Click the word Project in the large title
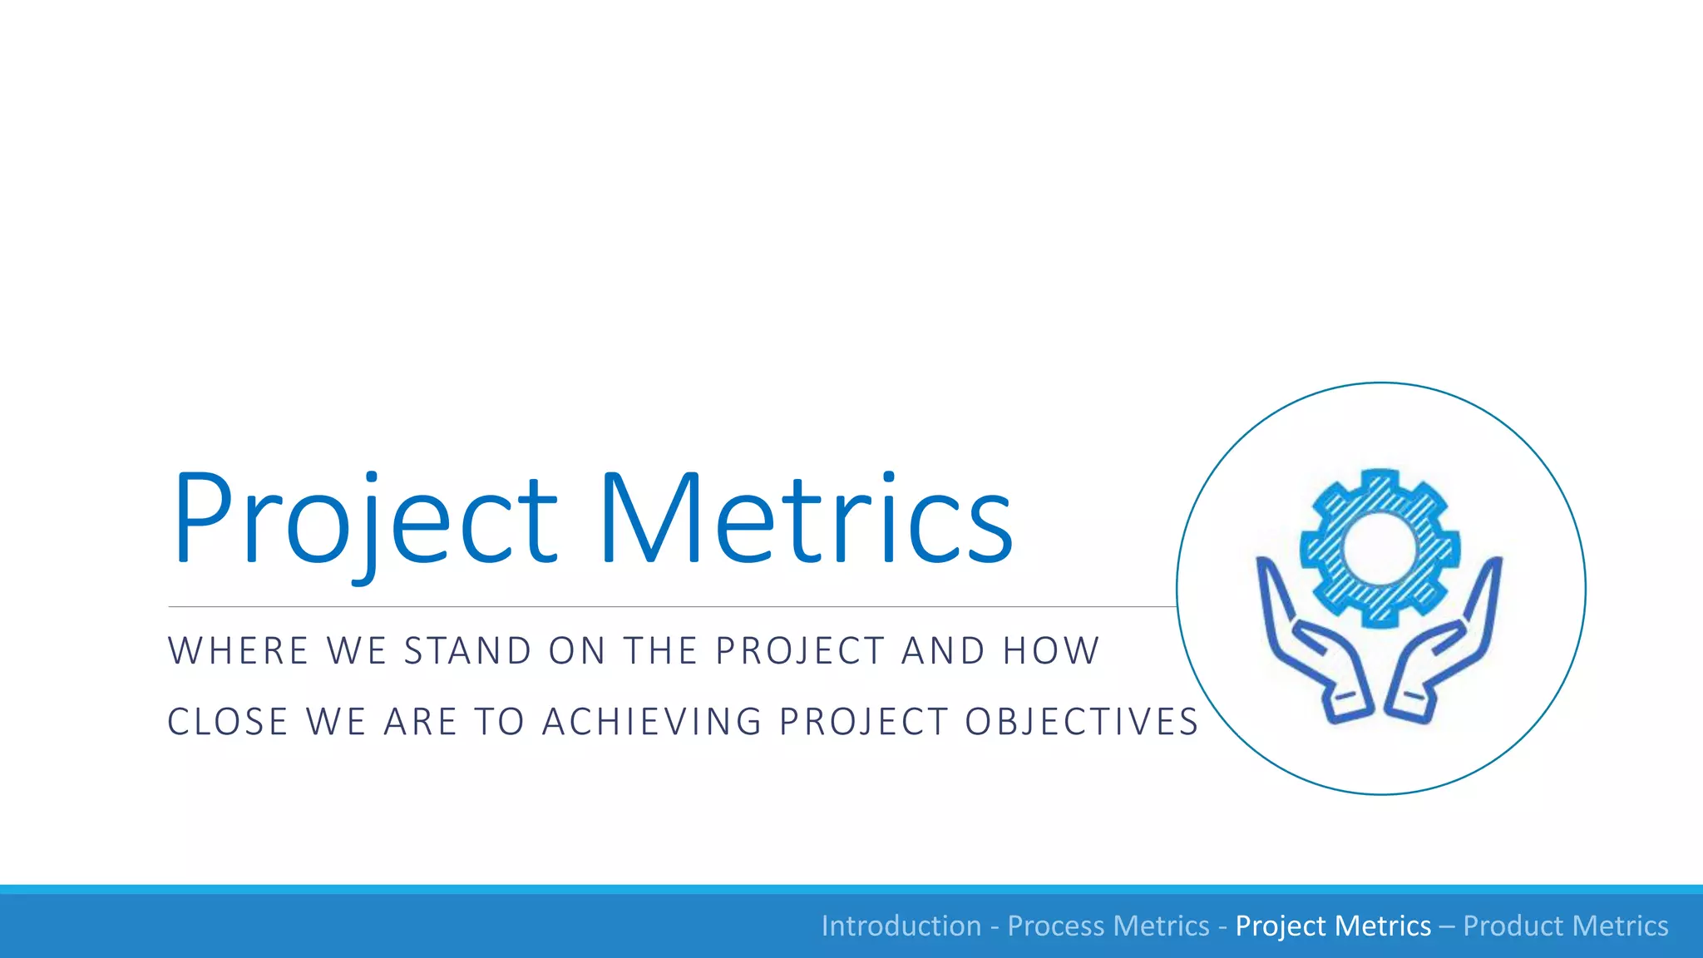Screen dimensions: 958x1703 pyautogui.click(x=364, y=520)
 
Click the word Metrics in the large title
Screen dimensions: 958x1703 pyautogui.click(x=805, y=520)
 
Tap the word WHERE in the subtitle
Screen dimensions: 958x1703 pyautogui.click(x=239, y=651)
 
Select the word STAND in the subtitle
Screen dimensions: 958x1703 pyautogui.click(x=468, y=651)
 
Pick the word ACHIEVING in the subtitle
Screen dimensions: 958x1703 pyautogui.click(x=652, y=722)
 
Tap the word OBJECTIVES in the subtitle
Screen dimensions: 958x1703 pyautogui.click(x=1082, y=722)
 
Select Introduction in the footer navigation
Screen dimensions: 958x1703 pyautogui.click(x=901, y=926)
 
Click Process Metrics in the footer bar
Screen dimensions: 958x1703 pyautogui.click(x=1108, y=926)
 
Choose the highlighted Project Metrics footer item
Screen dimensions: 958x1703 pyautogui.click(x=1333, y=926)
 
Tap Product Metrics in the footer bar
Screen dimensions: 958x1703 pyautogui.click(x=1566, y=926)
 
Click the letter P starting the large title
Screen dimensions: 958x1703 pyautogui.click(x=202, y=520)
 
